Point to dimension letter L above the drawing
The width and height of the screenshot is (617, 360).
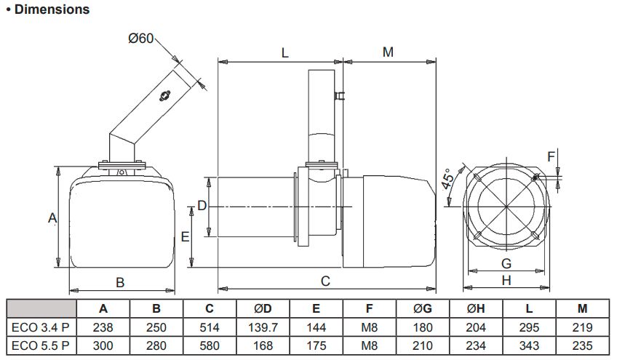284,52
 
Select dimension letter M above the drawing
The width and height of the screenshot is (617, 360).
388,52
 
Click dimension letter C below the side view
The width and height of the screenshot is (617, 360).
325,281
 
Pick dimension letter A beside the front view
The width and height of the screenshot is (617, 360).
52,217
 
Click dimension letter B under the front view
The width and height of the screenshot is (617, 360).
121,282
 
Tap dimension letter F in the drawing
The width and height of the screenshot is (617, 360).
550,156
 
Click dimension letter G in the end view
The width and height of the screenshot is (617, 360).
506,263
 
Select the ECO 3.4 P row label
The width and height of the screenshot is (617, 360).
41,327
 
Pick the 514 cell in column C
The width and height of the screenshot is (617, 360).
210,327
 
